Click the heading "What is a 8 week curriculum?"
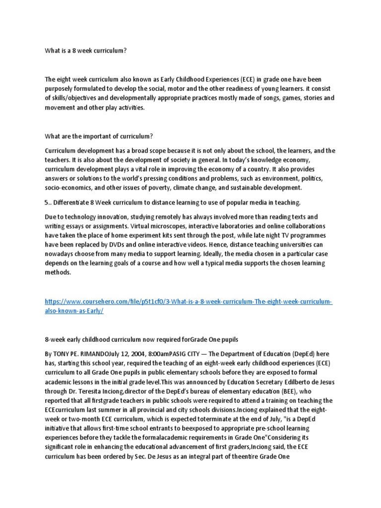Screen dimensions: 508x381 point(83,51)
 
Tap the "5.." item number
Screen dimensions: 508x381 point(48,202)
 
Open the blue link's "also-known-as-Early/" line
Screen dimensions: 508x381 point(74,311)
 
